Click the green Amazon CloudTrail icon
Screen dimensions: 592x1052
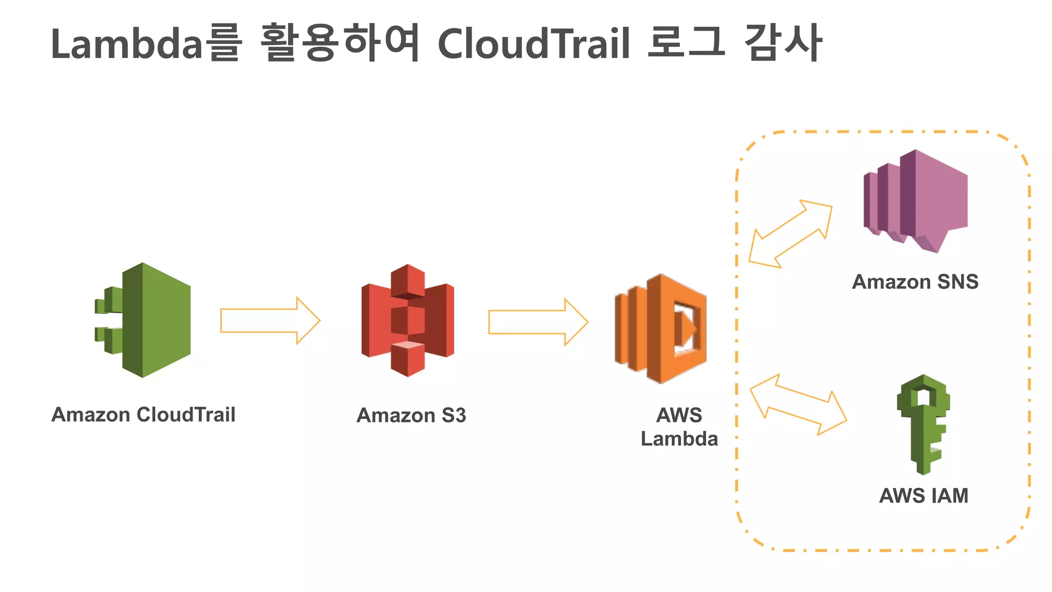[x=149, y=320]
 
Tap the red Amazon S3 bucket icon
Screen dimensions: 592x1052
[x=408, y=320]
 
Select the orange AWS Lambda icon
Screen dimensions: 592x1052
[x=661, y=329]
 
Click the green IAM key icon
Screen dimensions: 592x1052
[x=923, y=424]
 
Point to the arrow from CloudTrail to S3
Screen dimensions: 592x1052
[x=270, y=321]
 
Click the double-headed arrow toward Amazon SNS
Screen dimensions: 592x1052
[x=790, y=234]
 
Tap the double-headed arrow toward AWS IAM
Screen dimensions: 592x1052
[x=798, y=404]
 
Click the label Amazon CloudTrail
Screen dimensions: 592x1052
[x=143, y=415]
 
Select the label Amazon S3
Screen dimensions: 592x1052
[x=411, y=415]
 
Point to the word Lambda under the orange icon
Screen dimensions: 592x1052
[x=679, y=439]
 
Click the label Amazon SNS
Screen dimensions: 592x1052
[x=915, y=282]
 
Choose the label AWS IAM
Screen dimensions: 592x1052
[x=924, y=495]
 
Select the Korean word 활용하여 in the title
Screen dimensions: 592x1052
[x=340, y=43]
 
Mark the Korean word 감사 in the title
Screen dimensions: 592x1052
[x=783, y=43]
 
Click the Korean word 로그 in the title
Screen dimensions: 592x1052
[x=686, y=43]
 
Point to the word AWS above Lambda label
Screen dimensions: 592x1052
[x=679, y=415]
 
